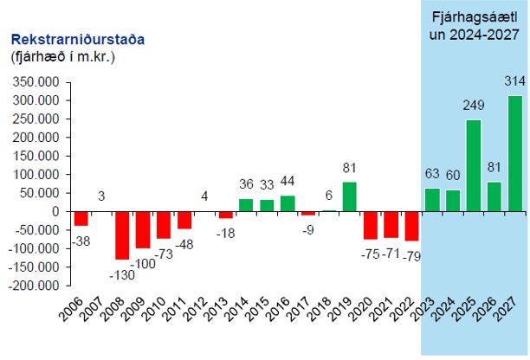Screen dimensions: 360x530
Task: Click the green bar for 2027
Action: point(515,153)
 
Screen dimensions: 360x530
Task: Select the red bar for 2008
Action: point(121,235)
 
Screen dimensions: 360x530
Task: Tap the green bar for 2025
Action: point(474,165)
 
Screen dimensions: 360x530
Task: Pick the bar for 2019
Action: point(349,196)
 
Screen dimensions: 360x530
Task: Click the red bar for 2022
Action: point(411,226)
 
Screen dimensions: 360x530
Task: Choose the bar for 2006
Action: point(81,218)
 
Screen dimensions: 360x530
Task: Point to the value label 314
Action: point(514,80)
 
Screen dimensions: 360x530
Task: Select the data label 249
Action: point(473,105)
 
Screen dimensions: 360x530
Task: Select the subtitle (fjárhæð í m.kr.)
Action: point(62,57)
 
